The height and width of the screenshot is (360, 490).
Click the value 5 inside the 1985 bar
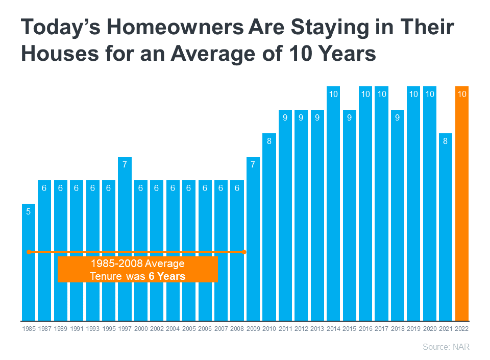pyautogui.click(x=29, y=211)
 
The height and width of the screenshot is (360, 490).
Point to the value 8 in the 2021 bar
pyautogui.click(x=445, y=141)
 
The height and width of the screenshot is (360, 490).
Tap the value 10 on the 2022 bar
pyautogui.click(x=461, y=94)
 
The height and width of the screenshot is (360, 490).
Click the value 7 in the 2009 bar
pyautogui.click(x=253, y=164)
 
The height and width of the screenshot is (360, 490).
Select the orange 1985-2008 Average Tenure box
pyautogui.click(x=138, y=270)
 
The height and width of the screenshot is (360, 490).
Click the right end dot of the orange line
pyautogui.click(x=244, y=252)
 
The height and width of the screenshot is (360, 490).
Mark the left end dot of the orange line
pyautogui.click(x=29, y=252)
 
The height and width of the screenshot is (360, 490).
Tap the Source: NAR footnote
pyautogui.click(x=446, y=347)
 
